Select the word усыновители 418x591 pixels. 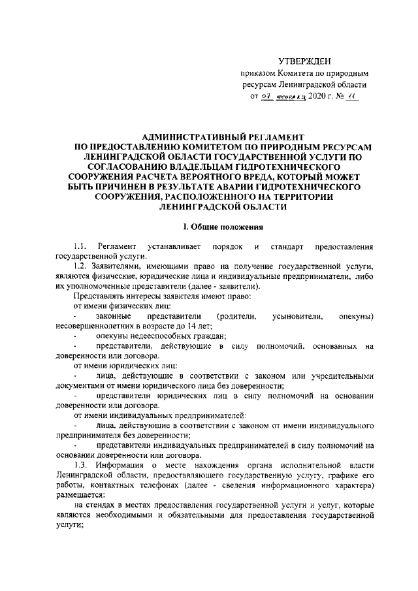pos(298,316)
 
